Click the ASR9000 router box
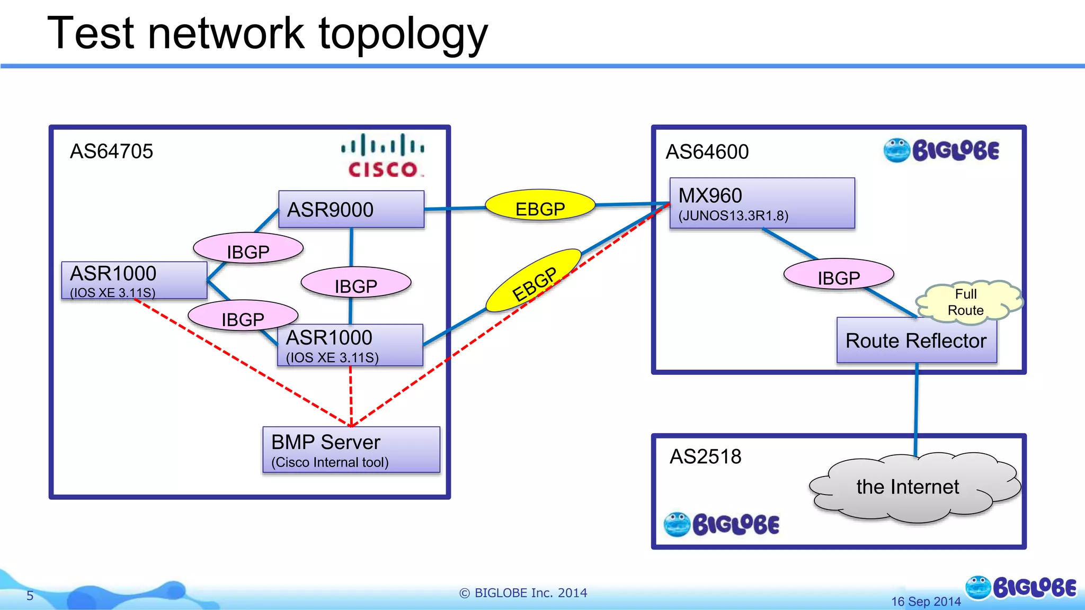tap(351, 209)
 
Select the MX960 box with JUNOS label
tap(762, 203)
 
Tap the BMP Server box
tap(351, 450)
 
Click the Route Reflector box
tap(916, 340)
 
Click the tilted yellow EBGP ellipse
tap(533, 281)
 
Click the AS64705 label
tap(111, 151)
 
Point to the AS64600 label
tap(707, 152)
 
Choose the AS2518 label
tap(705, 456)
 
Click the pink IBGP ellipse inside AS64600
tap(838, 274)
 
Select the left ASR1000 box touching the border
tap(134, 280)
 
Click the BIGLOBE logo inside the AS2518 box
tap(722, 524)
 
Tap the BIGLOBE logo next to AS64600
tap(941, 150)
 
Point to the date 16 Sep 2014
tap(926, 602)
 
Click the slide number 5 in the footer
tap(30, 596)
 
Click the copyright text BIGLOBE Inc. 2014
tap(523, 593)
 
